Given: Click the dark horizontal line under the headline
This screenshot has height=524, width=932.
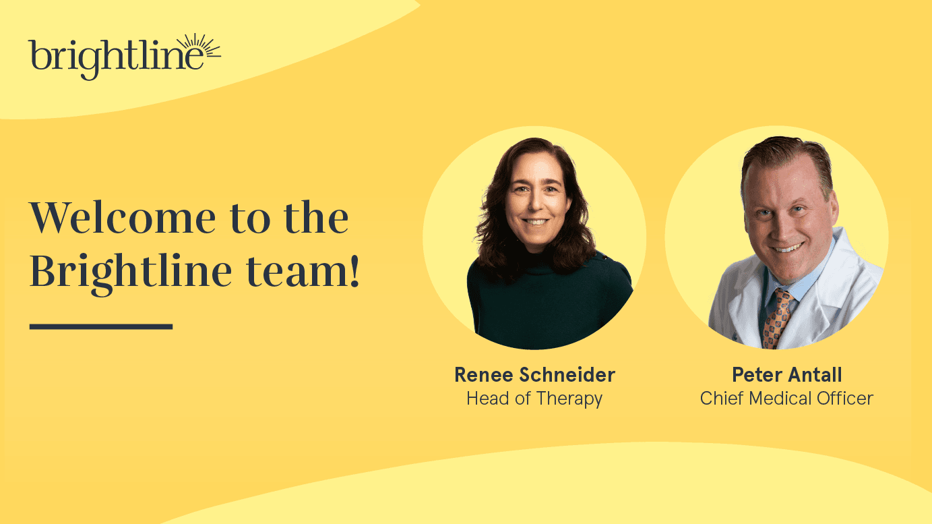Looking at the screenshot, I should coord(101,326).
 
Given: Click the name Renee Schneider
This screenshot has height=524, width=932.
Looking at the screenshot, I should coord(534,374).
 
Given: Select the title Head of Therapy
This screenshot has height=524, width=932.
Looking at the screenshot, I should coord(534,399).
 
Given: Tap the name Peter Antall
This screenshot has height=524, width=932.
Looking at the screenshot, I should coord(786,374).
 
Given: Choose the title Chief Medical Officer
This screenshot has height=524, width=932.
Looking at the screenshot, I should coord(786,399).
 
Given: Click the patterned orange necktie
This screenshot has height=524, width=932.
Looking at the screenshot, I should coord(777,317).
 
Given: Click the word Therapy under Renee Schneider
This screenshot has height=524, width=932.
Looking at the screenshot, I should coord(569,399).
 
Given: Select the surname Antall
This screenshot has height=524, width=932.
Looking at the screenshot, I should coord(816,374).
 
